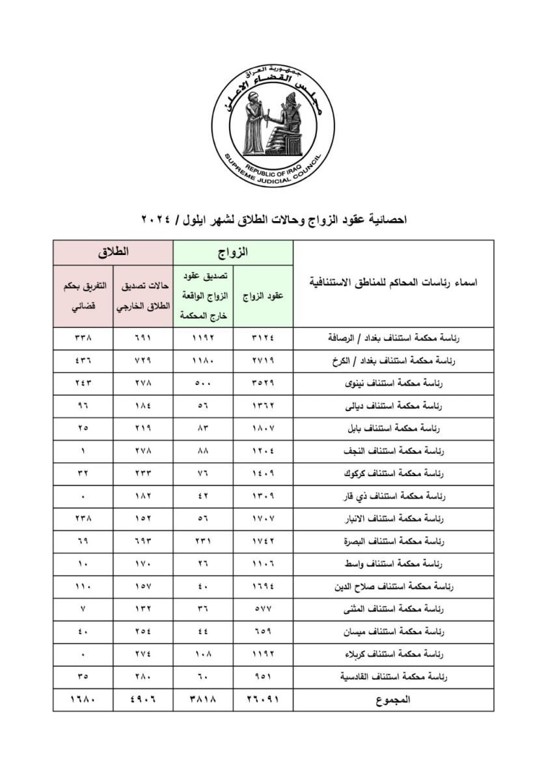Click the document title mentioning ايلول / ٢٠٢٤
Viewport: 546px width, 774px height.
[x=273, y=220]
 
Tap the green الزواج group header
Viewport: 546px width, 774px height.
[x=232, y=251]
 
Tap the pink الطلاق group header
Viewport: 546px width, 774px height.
[x=113, y=251]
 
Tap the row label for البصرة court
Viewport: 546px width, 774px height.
[x=388, y=541]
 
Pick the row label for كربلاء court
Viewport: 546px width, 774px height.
[x=388, y=654]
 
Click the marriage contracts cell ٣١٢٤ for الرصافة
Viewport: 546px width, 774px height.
[x=263, y=338]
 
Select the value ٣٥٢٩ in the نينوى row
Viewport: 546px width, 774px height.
[x=263, y=384]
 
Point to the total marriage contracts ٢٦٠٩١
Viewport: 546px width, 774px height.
[x=263, y=700]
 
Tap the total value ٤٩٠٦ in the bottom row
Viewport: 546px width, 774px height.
[x=143, y=700]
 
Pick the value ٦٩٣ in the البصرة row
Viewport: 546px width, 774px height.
[x=143, y=541]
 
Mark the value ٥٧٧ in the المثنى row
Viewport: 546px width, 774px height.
[x=263, y=609]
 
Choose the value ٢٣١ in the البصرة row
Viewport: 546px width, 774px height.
[x=202, y=541]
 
